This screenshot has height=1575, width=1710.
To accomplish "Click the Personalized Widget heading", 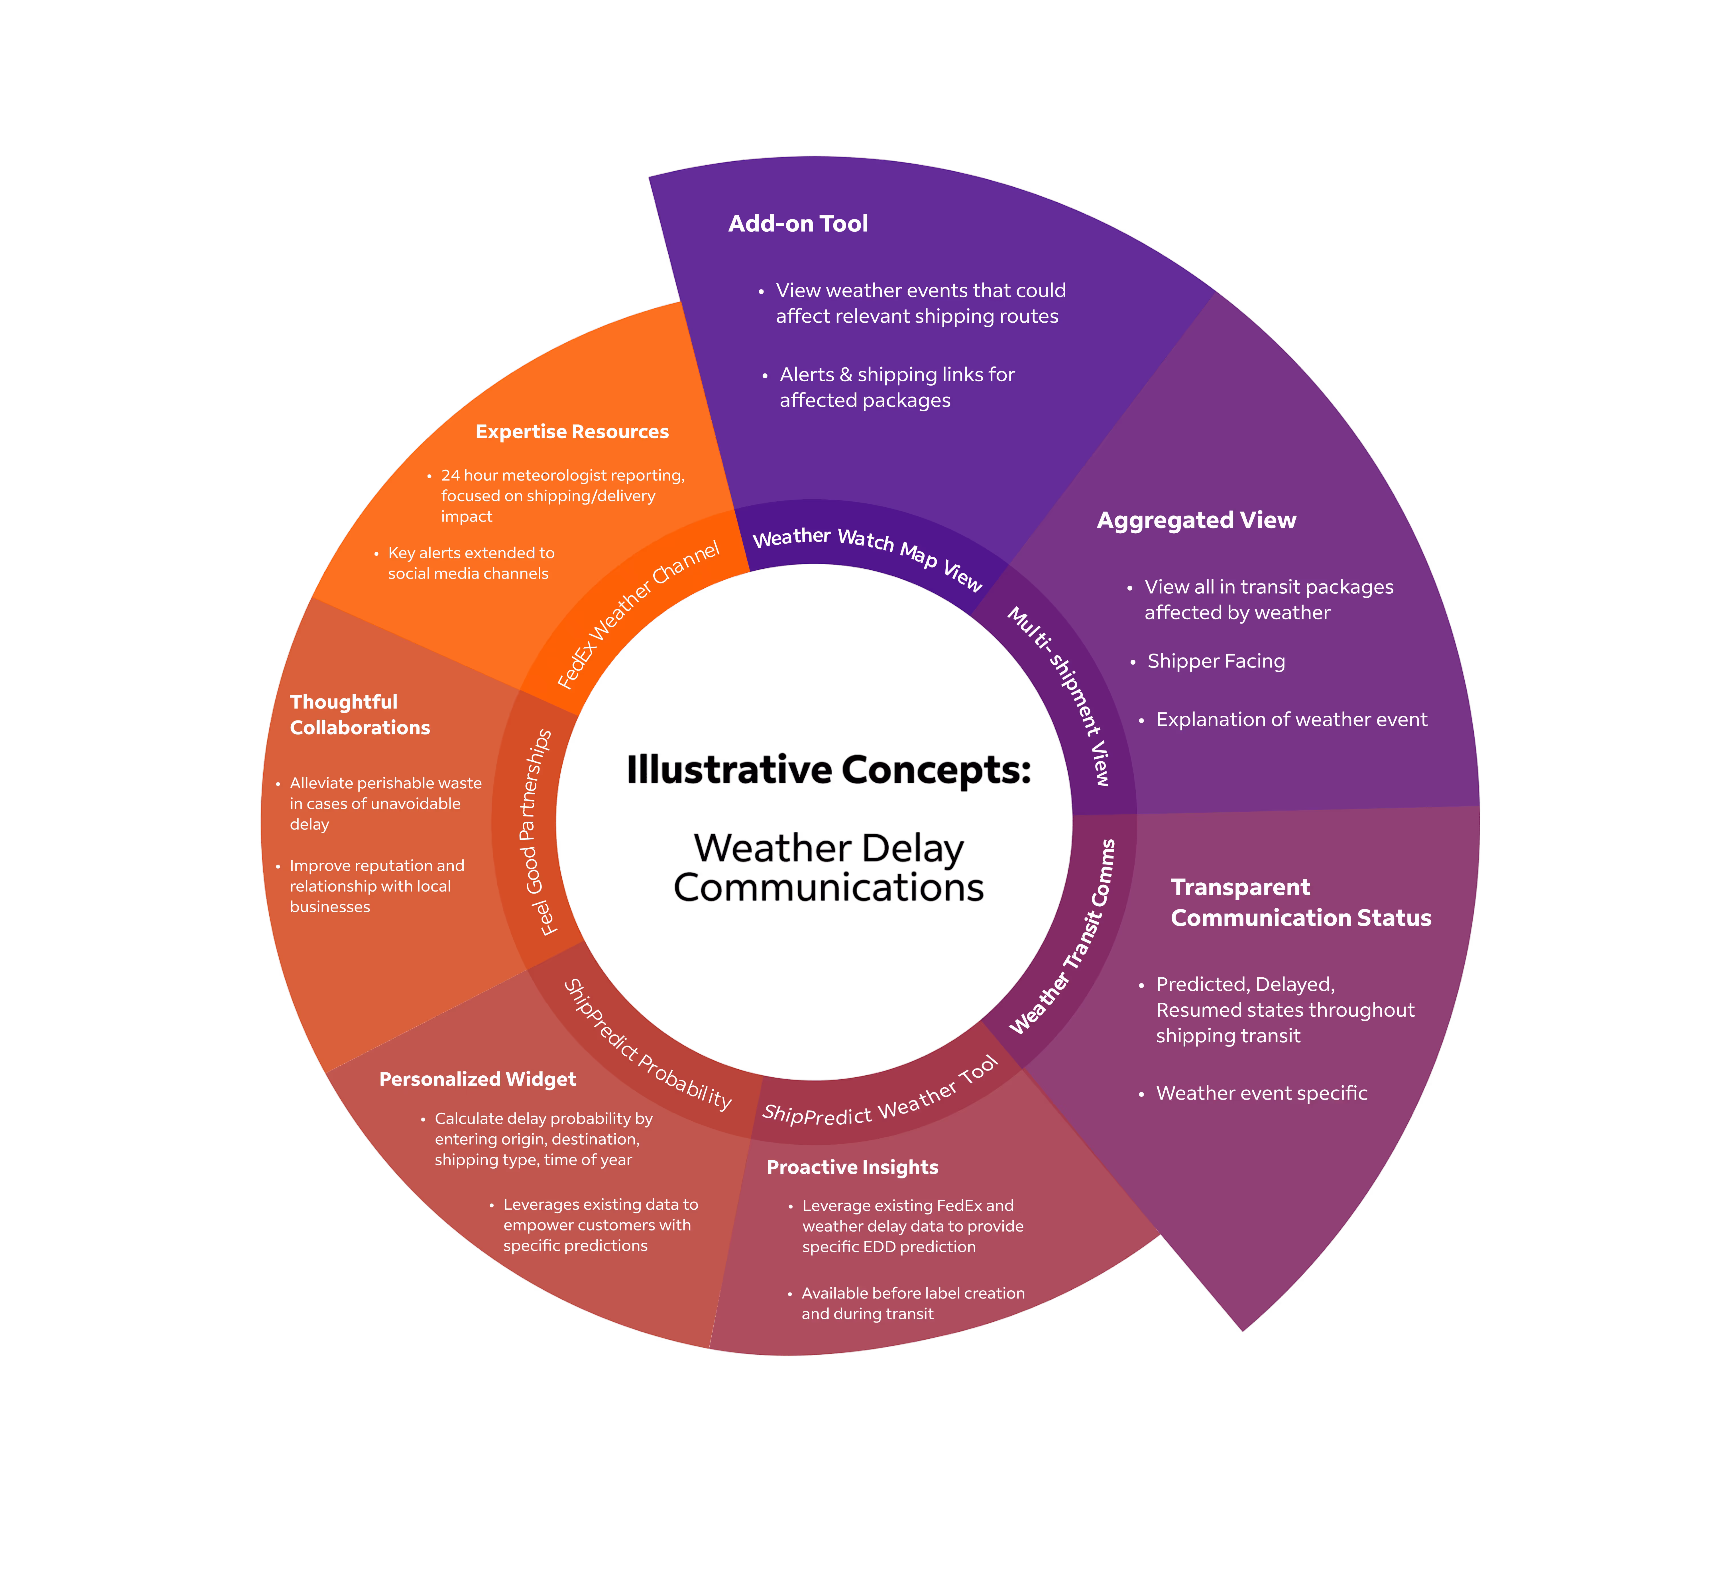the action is click(x=477, y=1079).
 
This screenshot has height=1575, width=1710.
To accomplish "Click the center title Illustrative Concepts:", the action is click(x=828, y=770).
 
